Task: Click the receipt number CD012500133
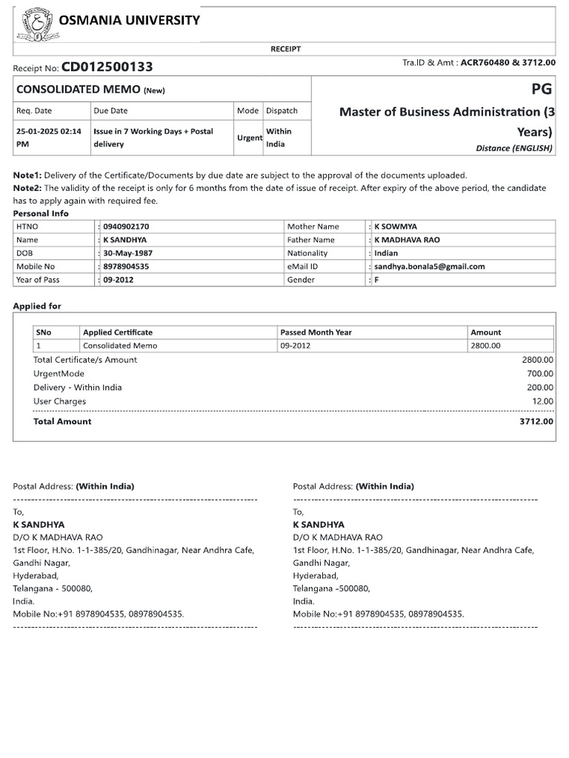(107, 67)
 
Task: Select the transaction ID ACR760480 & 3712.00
(508, 64)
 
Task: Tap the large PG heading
(541, 90)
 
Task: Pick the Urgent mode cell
(249, 138)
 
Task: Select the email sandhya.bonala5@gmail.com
(429, 266)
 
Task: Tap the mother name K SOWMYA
(400, 227)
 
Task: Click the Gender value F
(376, 280)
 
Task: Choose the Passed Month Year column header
(316, 332)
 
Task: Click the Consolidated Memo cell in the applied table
(120, 346)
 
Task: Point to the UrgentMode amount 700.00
(539, 374)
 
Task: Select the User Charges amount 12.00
(542, 401)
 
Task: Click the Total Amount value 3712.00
(536, 421)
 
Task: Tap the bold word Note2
(27, 188)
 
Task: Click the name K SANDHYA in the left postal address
(39, 524)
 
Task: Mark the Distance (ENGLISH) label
(514, 148)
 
